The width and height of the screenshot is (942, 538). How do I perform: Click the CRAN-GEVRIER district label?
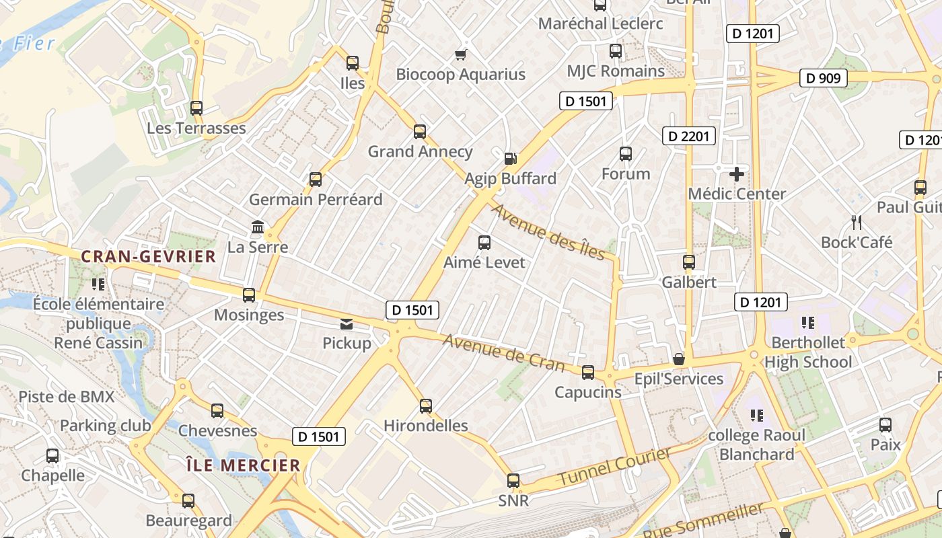click(148, 256)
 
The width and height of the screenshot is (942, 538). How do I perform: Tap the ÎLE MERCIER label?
click(243, 465)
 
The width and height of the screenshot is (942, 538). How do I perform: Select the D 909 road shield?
click(823, 78)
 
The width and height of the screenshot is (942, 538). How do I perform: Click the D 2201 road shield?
click(688, 136)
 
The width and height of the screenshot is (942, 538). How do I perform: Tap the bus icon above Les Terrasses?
click(196, 108)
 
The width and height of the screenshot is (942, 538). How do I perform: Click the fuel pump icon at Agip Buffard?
click(511, 159)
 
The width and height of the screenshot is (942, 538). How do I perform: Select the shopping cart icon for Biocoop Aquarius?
click(461, 54)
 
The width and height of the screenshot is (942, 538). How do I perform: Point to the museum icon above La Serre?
click(258, 227)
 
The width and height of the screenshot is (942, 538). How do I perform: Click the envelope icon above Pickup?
click(347, 324)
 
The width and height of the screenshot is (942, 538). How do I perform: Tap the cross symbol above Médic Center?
click(737, 174)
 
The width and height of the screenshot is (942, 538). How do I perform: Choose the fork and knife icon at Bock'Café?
click(856, 222)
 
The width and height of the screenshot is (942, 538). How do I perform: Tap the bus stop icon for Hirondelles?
click(425, 406)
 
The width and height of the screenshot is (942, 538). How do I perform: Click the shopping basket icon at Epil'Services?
click(679, 360)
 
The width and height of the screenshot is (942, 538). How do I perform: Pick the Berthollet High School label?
click(807, 352)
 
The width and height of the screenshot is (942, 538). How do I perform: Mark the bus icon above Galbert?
click(688, 262)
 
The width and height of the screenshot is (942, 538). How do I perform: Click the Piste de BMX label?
click(66, 397)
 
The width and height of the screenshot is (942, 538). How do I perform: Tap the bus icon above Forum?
click(626, 154)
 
